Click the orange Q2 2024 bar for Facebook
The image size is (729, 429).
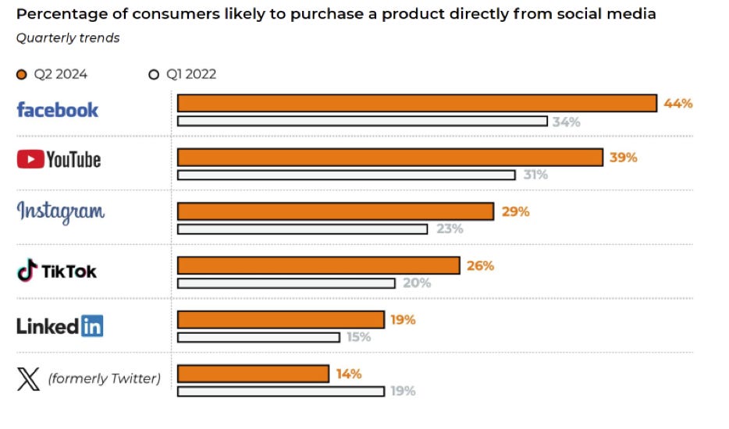coord(417,103)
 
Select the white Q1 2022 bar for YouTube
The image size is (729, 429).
coord(346,175)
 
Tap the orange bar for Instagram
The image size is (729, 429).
coord(336,211)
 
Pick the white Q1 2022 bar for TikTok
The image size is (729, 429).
coord(286,283)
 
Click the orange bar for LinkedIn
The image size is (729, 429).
coord(281,320)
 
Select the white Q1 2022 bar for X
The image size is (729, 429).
coord(280,392)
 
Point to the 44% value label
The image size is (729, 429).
coord(677,103)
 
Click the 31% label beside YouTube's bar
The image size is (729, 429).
coord(535,175)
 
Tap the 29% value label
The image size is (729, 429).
coord(515,211)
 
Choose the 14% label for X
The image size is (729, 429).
coord(348,374)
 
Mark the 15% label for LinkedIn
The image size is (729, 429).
coord(359,337)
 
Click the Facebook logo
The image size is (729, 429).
coord(58,110)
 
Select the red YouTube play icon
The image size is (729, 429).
coord(30,160)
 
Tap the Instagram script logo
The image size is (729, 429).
coord(61,211)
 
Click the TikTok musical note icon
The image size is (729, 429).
coord(27,271)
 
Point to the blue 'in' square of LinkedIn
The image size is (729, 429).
coord(91,326)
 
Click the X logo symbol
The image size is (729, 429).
coord(28,380)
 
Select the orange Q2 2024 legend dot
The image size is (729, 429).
coord(22,75)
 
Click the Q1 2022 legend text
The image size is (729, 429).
coord(191,75)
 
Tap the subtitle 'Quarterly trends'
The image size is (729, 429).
coord(68,37)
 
